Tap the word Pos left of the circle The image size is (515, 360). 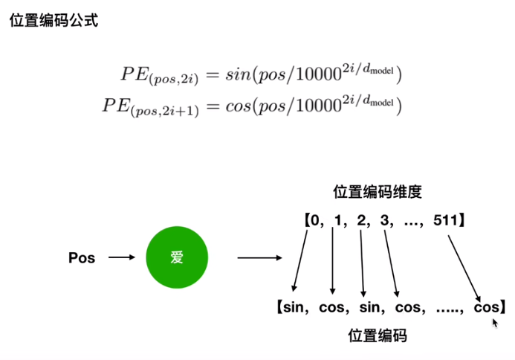(x=82, y=259)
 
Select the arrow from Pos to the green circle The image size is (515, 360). (x=121, y=259)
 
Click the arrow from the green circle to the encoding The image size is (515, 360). (x=259, y=259)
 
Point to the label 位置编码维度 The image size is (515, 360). (x=378, y=192)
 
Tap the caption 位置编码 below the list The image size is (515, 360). (x=378, y=335)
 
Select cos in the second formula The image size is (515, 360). (x=239, y=106)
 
